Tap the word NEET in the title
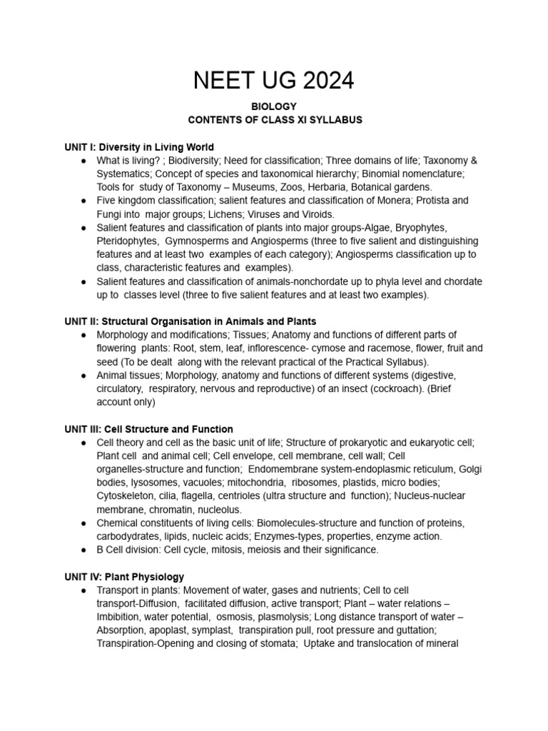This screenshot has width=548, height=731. pyautogui.click(x=223, y=81)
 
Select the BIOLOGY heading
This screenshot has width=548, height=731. pyautogui.click(x=274, y=106)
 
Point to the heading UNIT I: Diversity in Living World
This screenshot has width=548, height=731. pyautogui.click(x=139, y=147)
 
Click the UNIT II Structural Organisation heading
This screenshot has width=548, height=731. pyautogui.click(x=191, y=321)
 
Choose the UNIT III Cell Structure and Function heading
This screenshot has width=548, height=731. pyautogui.click(x=148, y=429)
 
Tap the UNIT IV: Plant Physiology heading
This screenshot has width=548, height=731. pyautogui.click(x=124, y=576)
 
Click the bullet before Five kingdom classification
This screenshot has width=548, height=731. pyautogui.click(x=85, y=201)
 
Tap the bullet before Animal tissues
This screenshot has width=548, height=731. pyautogui.click(x=85, y=375)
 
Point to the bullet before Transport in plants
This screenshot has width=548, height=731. pyautogui.click(x=85, y=590)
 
